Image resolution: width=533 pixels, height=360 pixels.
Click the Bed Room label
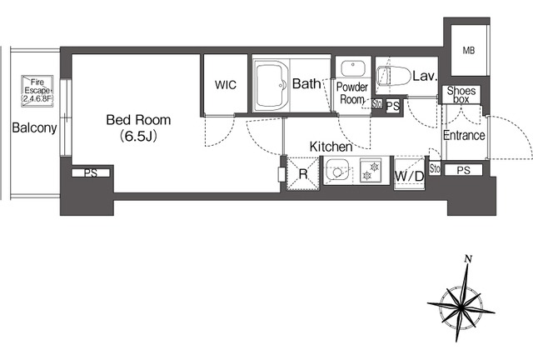pos(138,120)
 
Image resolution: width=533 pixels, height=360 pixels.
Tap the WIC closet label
pos(226,85)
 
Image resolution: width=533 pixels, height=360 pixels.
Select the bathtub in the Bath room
pos(271,85)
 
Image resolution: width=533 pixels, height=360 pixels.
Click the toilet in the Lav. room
pos(394,76)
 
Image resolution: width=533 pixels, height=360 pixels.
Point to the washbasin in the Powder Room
pos(353,68)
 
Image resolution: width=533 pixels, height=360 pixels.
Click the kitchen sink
pos(337,172)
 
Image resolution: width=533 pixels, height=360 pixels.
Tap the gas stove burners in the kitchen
pos(371,171)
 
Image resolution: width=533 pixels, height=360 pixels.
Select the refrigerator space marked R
pos(303,173)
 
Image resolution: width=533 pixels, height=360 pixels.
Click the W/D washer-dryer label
pos(409,177)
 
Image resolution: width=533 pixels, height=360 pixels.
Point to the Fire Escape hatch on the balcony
pos(37,91)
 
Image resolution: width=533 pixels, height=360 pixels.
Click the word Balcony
pos(34,128)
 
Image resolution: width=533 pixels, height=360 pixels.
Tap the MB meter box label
pos(468,51)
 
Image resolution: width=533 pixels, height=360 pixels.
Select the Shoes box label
pos(461,95)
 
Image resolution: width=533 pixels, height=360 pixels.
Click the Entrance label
pos(464,136)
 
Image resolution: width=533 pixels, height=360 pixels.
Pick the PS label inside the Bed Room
pos(91,173)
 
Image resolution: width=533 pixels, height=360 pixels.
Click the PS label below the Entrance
pos(464,170)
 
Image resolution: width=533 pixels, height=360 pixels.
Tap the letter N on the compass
pos(468,259)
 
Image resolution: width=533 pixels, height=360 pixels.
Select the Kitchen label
pos(331,147)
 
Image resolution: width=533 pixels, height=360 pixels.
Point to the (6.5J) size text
pos(138,136)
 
